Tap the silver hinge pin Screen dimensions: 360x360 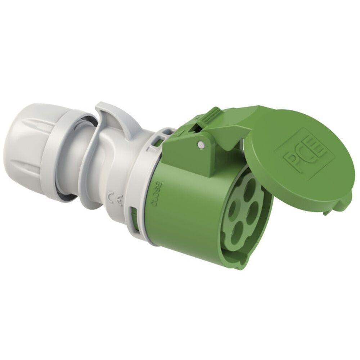click(x=201, y=145)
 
